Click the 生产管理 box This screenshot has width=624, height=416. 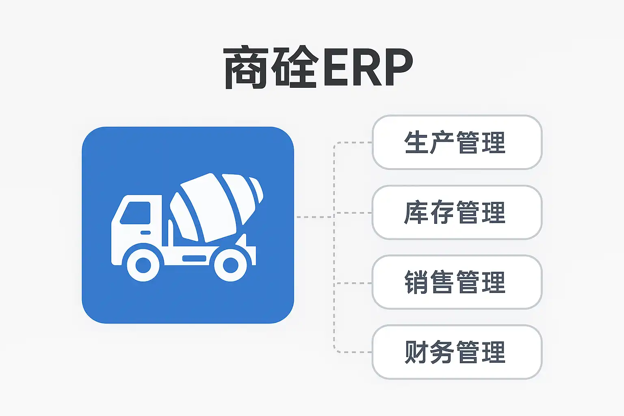point(457,142)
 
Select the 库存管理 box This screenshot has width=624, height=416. point(457,212)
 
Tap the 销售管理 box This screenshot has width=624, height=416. point(457,282)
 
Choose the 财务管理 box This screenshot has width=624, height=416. point(457,352)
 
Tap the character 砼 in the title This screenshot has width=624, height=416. point(295,67)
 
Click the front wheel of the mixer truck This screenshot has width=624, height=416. point(143,265)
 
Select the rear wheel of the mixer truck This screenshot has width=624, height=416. point(230,265)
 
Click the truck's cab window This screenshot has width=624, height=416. point(135,213)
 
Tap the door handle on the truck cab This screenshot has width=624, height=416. point(145,233)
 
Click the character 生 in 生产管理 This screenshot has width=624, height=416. point(416,142)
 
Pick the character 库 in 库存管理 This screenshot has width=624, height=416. point(416,212)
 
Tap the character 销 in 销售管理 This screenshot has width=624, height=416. point(416,282)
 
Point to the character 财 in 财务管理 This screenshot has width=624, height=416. point(416,352)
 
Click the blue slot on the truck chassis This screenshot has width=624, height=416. point(194,258)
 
